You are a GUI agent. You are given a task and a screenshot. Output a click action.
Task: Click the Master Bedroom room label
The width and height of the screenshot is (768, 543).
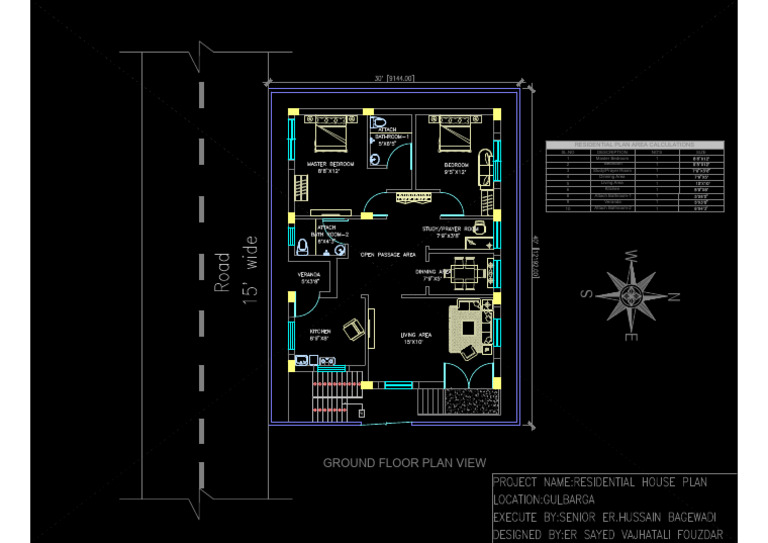click(329, 164)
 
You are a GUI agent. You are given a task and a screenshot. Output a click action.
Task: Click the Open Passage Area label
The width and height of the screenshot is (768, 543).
click(388, 255)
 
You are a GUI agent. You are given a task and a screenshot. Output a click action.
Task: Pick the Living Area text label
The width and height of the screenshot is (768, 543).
click(415, 337)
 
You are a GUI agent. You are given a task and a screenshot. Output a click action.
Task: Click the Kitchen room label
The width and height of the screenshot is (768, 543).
click(320, 332)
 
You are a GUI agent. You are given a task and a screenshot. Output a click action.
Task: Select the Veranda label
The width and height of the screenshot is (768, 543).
click(309, 276)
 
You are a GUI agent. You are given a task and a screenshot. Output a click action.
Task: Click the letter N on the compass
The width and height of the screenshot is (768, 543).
click(674, 296)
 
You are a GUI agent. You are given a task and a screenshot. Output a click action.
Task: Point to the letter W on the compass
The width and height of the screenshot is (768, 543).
click(632, 256)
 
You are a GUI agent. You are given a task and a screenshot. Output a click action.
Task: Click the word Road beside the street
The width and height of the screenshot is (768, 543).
click(223, 272)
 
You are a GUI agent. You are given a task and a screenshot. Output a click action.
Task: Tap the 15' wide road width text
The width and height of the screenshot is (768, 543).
click(250, 268)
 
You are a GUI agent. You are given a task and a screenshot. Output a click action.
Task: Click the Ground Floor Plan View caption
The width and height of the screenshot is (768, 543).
click(404, 463)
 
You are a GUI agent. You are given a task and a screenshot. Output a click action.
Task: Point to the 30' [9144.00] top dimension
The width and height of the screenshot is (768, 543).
click(394, 78)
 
